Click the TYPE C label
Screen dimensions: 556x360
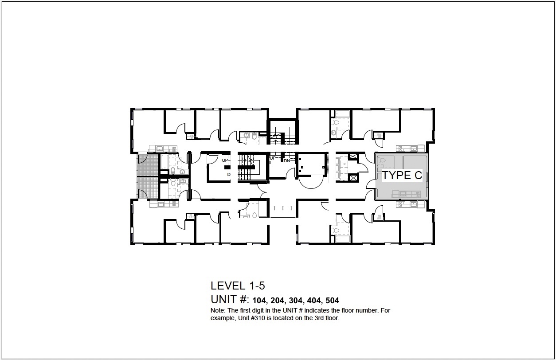[x=402, y=175]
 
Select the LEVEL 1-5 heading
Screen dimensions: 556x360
[x=238, y=286]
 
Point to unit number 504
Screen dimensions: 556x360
[x=332, y=301]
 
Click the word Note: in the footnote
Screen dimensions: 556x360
[x=218, y=310]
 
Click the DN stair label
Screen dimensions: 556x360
[x=287, y=161]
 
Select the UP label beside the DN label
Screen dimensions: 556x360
[x=273, y=158]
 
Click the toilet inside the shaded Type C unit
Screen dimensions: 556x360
[x=381, y=160]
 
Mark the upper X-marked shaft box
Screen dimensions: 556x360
[x=353, y=157]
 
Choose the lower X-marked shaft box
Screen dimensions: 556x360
[x=353, y=178]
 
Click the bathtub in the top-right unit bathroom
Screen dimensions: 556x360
[x=343, y=114]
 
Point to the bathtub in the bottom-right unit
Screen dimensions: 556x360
[x=342, y=239]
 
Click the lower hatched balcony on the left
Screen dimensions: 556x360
[x=148, y=188]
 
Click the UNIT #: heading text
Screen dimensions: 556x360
[x=230, y=300]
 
